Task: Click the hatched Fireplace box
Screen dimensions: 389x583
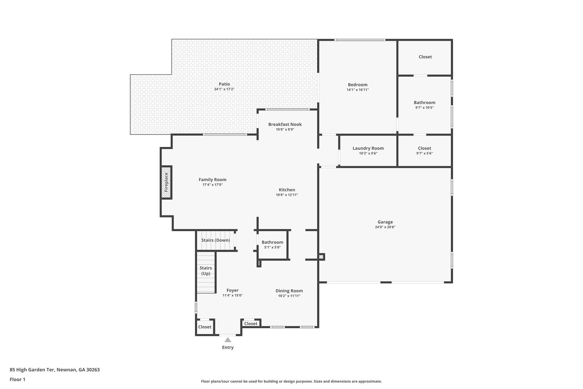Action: pyautogui.click(x=166, y=182)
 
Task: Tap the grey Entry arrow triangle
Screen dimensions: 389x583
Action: pyautogui.click(x=228, y=340)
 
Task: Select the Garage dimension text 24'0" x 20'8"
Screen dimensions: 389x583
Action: pyautogui.click(x=385, y=227)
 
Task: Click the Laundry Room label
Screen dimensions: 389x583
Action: pyautogui.click(x=368, y=148)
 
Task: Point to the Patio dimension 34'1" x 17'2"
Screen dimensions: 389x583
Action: pyautogui.click(x=224, y=89)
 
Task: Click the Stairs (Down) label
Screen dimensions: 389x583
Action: pyautogui.click(x=215, y=240)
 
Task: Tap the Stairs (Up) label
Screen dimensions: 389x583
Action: pyautogui.click(x=206, y=271)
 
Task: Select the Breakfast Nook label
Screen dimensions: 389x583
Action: pyautogui.click(x=285, y=124)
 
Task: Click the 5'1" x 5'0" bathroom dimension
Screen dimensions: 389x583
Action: pyautogui.click(x=272, y=247)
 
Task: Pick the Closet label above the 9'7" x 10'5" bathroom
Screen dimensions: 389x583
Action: pyautogui.click(x=425, y=57)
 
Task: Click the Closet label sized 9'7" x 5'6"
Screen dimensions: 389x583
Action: pyautogui.click(x=424, y=148)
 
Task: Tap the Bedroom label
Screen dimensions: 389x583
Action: pyautogui.click(x=358, y=85)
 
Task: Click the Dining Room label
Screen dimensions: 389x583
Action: pyautogui.click(x=289, y=291)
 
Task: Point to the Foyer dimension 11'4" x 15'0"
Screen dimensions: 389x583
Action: pyautogui.click(x=233, y=296)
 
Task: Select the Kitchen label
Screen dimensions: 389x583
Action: pyautogui.click(x=287, y=190)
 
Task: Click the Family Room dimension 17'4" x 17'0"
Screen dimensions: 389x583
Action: pyautogui.click(x=213, y=185)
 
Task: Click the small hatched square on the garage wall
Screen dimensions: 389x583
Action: pyautogui.click(x=321, y=257)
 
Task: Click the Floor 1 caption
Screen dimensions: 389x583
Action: pyautogui.click(x=17, y=379)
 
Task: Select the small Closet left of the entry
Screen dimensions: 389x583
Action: pyautogui.click(x=205, y=327)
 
